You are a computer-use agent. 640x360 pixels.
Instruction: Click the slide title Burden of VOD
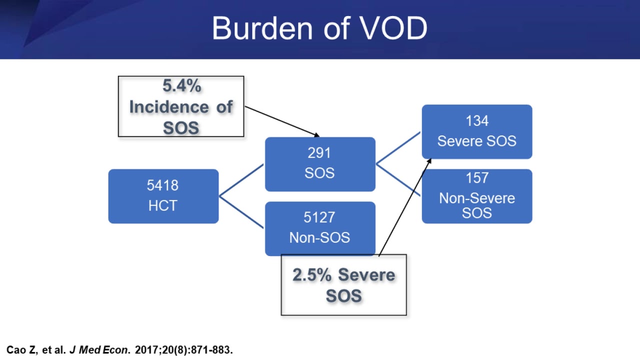tap(319, 28)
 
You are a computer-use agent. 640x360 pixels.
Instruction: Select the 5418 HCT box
tap(163, 196)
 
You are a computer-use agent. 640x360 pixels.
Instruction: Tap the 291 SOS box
tap(320, 164)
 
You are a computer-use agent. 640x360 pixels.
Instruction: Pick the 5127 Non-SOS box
tap(320, 228)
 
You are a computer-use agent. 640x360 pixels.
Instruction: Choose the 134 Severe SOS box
tap(476, 131)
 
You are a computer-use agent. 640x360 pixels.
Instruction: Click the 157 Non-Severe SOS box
tap(476, 196)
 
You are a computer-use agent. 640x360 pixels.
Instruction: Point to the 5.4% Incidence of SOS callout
tap(181, 106)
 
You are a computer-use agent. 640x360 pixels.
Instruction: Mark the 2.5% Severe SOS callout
tap(343, 285)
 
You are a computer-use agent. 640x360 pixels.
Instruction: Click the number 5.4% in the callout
tap(182, 86)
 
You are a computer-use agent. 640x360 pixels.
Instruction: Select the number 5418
tap(162, 185)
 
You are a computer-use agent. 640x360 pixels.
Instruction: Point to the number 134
tap(476, 121)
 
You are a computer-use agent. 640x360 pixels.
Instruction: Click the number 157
tap(476, 178)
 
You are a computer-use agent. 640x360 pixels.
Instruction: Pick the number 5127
tap(319, 217)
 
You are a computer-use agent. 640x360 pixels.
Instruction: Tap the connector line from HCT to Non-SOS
tap(241, 212)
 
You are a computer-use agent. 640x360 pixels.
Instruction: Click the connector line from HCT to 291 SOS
tap(241, 180)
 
